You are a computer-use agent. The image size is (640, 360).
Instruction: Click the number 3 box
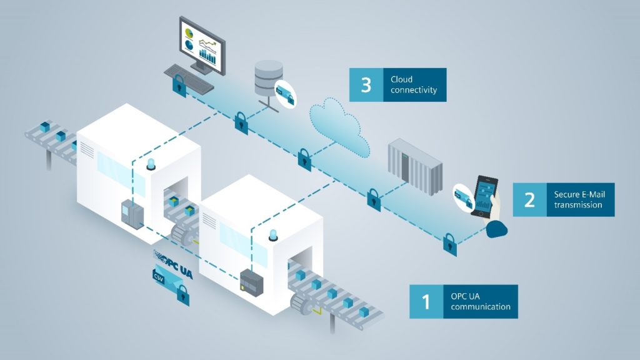click(x=366, y=85)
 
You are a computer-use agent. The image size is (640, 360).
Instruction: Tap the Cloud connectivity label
click(x=414, y=85)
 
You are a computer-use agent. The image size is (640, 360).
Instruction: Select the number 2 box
click(x=529, y=199)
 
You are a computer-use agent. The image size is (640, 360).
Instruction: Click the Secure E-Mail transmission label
click(x=579, y=199)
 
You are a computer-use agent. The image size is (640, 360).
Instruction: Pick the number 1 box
click(x=426, y=302)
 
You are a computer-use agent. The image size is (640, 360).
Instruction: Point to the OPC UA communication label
click(x=480, y=302)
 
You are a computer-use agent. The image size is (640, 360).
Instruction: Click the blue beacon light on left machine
click(x=150, y=164)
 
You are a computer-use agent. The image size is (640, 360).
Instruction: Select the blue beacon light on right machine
click(x=272, y=234)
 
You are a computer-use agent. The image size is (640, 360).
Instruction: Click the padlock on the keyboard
click(x=179, y=82)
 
